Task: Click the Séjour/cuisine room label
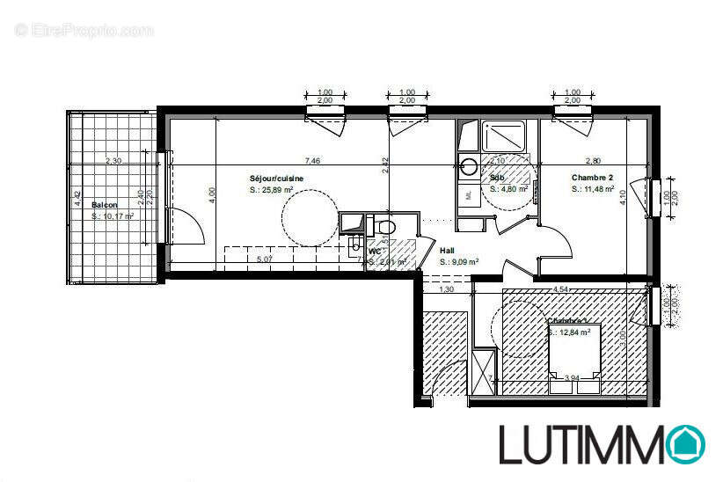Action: [x=277, y=178]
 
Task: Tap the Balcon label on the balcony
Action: [x=103, y=205]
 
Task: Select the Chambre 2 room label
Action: [x=592, y=177]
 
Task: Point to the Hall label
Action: [x=447, y=251]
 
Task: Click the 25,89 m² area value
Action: [x=272, y=189]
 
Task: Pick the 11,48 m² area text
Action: [x=592, y=188]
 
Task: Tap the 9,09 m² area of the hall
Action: [x=459, y=261]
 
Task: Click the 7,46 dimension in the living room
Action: [x=312, y=161]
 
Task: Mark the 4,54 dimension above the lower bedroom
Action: [x=560, y=288]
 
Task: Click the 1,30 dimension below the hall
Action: [x=446, y=289]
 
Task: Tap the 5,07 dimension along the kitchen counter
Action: [x=263, y=259]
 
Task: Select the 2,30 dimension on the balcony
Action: [x=113, y=161]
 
